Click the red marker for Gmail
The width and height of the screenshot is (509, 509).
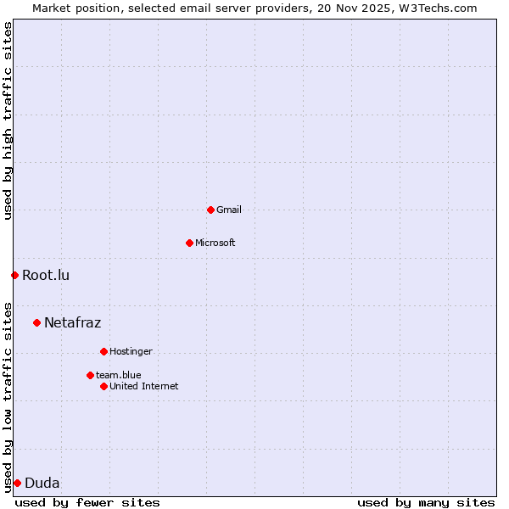pos(210,210)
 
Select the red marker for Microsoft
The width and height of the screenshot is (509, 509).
pos(189,243)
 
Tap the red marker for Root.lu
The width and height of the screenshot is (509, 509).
pos(14,275)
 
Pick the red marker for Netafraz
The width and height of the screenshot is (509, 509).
pos(36,322)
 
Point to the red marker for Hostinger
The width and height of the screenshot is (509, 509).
pos(103,351)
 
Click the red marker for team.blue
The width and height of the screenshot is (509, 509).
pos(90,375)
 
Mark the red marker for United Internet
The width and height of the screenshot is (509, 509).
pos(103,386)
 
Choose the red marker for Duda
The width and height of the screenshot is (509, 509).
pos(17,483)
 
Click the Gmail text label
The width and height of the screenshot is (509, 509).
pos(229,210)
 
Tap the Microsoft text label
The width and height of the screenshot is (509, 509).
pos(215,243)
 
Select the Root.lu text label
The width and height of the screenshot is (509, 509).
pos(46,275)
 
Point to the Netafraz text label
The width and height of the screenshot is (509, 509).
pos(73,322)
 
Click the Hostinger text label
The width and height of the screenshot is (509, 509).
pos(131,351)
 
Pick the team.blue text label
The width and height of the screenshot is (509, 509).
pos(119,375)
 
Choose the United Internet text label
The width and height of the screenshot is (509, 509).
pos(144,386)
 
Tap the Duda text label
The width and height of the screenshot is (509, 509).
pos(42,483)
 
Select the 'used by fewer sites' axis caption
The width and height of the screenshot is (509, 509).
pos(87,502)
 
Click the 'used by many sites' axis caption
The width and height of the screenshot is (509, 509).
pos(426,502)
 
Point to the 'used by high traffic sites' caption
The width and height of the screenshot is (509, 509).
pos(8,120)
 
